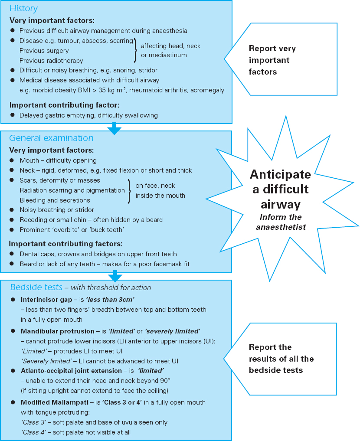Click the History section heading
(x=23, y=9)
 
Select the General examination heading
(x=51, y=138)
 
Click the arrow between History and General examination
(x=114, y=128)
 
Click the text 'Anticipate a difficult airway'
(x=280, y=189)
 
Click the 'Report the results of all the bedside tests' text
(x=281, y=359)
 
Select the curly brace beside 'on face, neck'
(x=130, y=190)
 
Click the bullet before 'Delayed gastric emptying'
(x=13, y=115)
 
